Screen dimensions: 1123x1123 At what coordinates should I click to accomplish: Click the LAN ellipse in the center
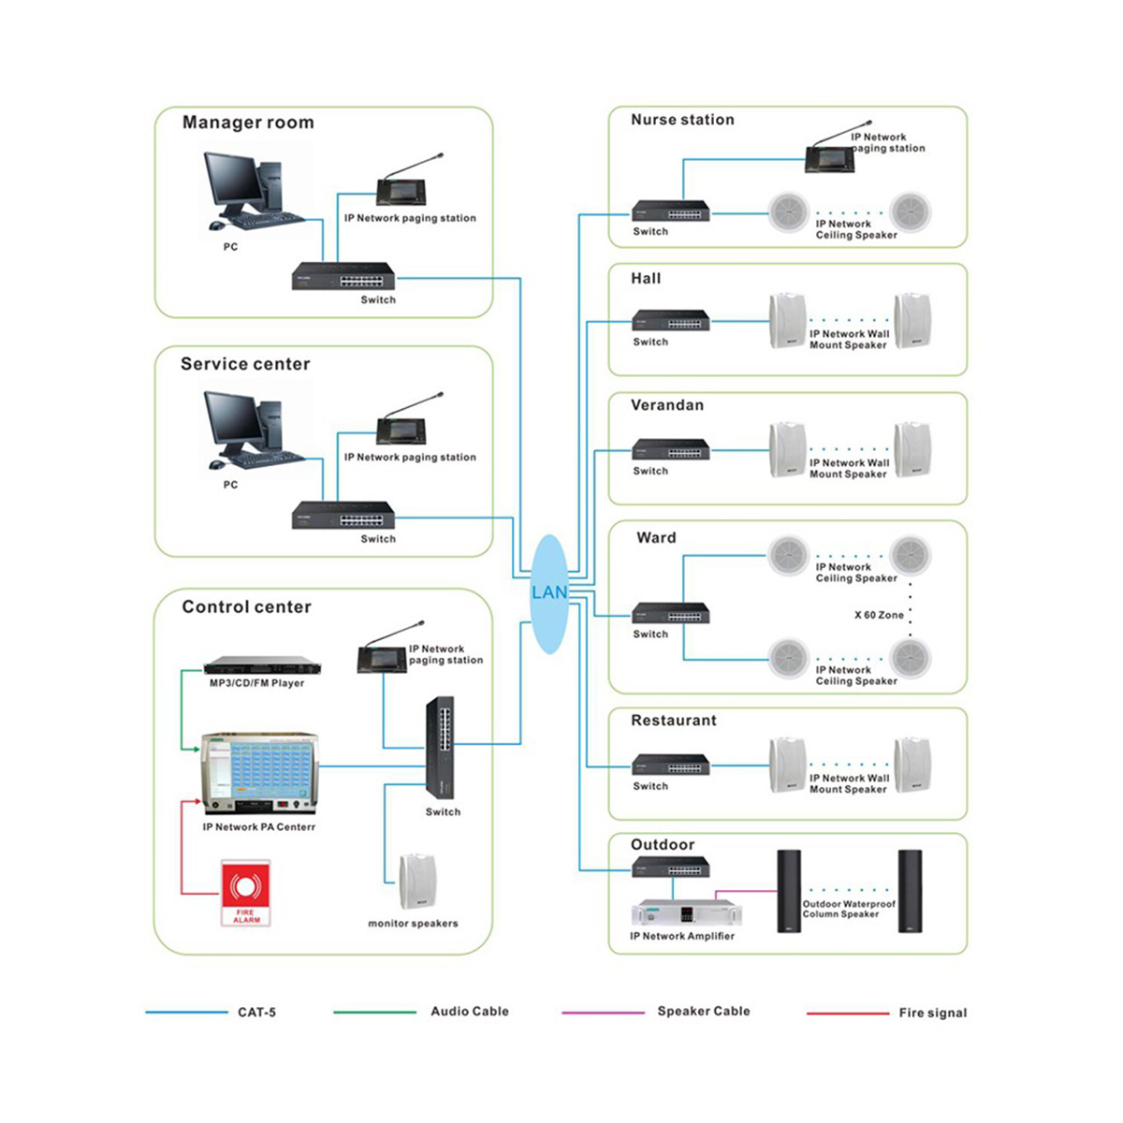[549, 593]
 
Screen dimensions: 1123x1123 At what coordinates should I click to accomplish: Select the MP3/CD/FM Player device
[257, 666]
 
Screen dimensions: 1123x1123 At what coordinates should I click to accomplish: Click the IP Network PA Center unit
[259, 774]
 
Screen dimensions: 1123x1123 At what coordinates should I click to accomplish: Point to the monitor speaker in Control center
[416, 881]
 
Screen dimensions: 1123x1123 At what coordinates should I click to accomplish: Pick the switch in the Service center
[343, 516]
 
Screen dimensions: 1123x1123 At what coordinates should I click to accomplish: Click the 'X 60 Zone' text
[879, 615]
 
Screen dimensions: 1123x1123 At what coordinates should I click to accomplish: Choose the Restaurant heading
[674, 721]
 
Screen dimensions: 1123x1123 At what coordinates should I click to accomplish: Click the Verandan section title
[667, 405]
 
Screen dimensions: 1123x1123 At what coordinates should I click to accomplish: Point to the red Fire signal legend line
[847, 1013]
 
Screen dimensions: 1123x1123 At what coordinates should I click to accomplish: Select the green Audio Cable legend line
[374, 1012]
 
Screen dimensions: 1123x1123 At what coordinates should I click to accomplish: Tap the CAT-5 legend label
[256, 1012]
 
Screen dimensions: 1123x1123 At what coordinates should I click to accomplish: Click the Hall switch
[671, 321]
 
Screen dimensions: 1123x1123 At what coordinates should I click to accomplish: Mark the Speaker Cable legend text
[703, 1011]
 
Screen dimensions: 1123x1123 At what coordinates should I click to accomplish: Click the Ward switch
[671, 614]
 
